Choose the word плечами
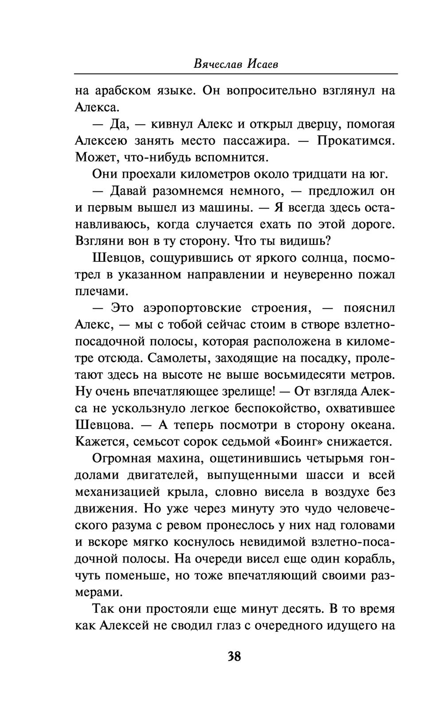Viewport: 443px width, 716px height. (x=95, y=292)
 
